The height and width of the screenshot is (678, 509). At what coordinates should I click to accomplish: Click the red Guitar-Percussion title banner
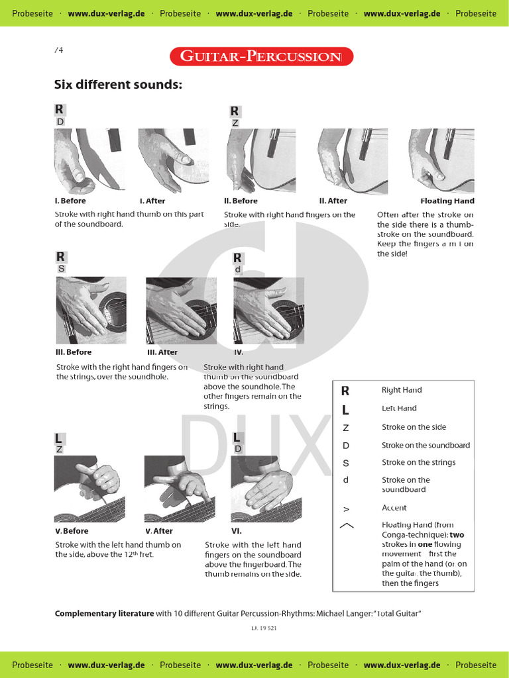(x=261, y=56)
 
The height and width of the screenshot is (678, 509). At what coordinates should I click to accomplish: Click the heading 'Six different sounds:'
(x=118, y=85)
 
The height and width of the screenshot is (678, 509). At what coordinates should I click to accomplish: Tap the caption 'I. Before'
(x=70, y=201)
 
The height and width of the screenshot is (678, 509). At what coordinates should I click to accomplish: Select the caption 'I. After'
(x=152, y=201)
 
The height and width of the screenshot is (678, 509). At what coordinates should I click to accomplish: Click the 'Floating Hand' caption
(x=447, y=201)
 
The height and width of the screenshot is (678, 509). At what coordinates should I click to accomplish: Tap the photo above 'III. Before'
(x=91, y=310)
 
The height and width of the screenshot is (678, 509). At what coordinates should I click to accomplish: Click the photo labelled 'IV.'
(x=269, y=310)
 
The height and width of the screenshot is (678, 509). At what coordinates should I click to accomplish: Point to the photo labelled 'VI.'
(x=262, y=489)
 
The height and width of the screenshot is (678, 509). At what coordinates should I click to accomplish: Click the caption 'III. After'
(x=162, y=352)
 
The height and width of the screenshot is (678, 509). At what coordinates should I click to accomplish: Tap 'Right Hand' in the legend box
(x=402, y=390)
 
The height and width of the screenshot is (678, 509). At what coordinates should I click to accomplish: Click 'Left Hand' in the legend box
(x=399, y=409)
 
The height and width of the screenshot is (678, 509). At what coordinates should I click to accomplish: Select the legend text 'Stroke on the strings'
(x=418, y=462)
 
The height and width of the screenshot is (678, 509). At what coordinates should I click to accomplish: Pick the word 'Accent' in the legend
(x=394, y=508)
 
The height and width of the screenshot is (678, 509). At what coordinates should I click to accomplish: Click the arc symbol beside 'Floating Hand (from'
(x=346, y=526)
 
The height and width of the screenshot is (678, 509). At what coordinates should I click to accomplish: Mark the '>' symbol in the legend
(x=346, y=508)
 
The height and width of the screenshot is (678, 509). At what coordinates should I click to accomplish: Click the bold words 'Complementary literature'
(x=104, y=614)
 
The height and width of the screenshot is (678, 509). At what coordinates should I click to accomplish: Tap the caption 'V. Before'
(x=72, y=531)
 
